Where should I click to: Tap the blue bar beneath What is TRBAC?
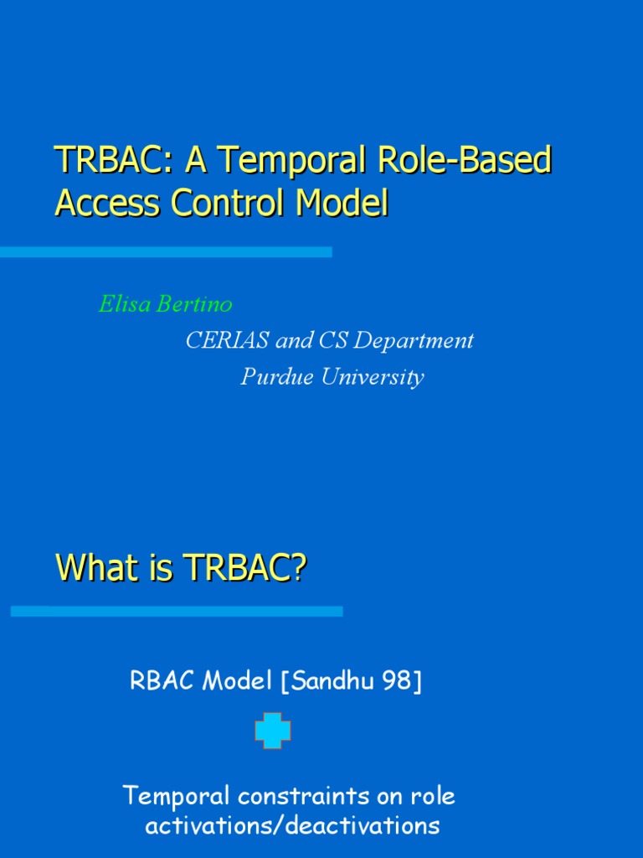tap(177, 612)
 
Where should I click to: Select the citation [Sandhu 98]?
tap(352, 682)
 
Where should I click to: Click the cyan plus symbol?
tap(273, 731)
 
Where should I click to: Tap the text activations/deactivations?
tap(292, 825)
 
